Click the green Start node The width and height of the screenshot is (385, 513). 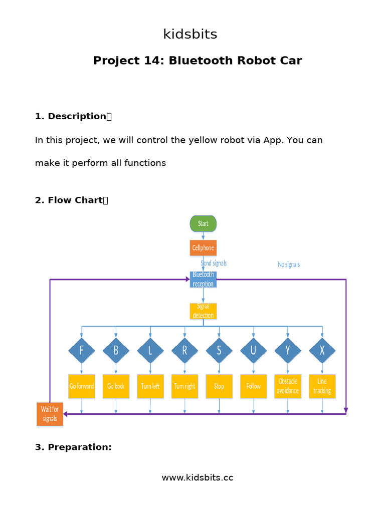pyautogui.click(x=203, y=223)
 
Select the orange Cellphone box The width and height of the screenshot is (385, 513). pyautogui.click(x=203, y=248)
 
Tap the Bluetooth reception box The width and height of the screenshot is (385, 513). pyautogui.click(x=203, y=279)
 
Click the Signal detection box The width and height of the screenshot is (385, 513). pyautogui.click(x=203, y=311)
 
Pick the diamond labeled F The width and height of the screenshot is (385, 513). pyautogui.click(x=81, y=351)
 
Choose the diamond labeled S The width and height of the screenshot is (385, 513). pyautogui.click(x=219, y=351)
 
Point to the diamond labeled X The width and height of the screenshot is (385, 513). pyautogui.click(x=322, y=351)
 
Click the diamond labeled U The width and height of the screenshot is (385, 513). pyautogui.click(x=253, y=351)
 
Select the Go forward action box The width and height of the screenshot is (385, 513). pyautogui.click(x=81, y=386)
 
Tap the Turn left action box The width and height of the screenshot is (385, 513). pyautogui.click(x=150, y=386)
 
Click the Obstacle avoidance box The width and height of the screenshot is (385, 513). pyautogui.click(x=287, y=386)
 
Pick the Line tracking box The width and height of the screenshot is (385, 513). pyautogui.click(x=322, y=386)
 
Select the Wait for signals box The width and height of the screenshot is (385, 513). pyautogui.click(x=50, y=414)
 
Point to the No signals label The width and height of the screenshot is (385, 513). pyautogui.click(x=289, y=265)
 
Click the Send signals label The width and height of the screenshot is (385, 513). pyautogui.click(x=214, y=263)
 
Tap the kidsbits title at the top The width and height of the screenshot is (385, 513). pyautogui.click(x=190, y=35)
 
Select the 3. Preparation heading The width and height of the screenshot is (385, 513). pyautogui.click(x=73, y=447)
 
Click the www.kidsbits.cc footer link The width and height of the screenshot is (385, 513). pyautogui.click(x=197, y=477)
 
